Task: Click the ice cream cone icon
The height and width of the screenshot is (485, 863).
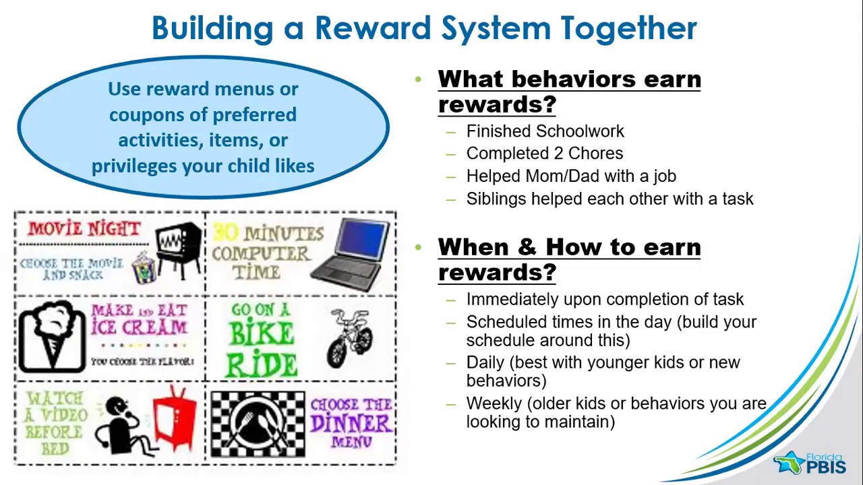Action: pos(52,335)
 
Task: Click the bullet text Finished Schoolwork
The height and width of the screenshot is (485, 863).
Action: pos(545,131)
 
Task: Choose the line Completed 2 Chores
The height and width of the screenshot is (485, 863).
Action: pos(544,154)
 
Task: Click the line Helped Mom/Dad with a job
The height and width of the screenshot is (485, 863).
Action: pos(570,176)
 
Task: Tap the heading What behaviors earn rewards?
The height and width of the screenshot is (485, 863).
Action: pos(569,92)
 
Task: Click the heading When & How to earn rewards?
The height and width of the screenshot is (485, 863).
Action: pos(569,259)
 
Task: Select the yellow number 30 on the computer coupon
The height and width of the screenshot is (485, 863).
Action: pos(226,233)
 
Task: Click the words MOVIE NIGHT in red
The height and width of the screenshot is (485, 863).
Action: pos(84,228)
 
